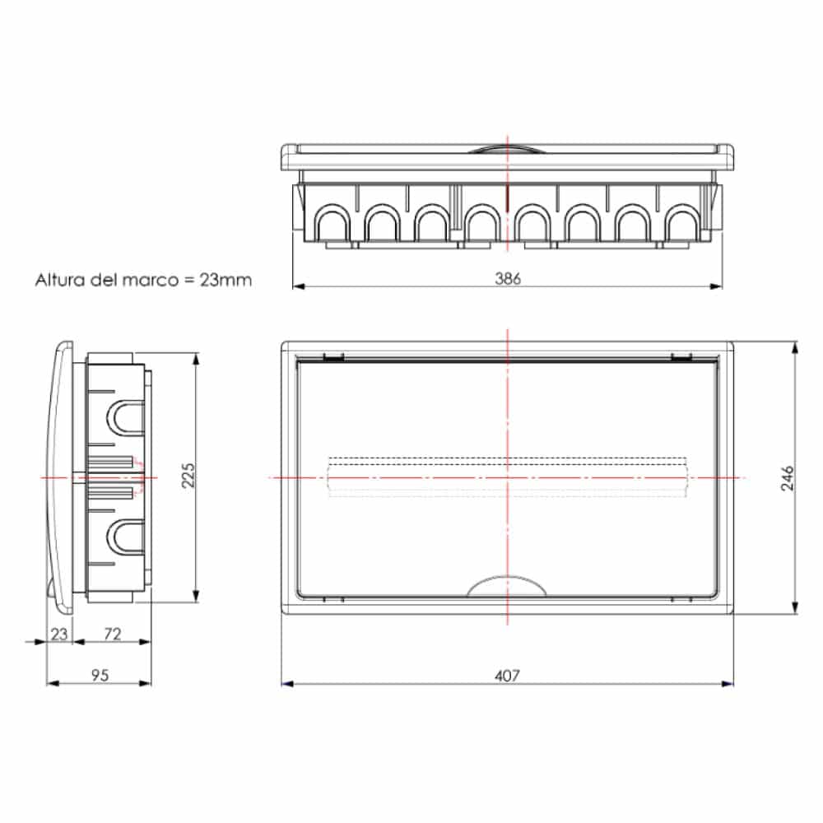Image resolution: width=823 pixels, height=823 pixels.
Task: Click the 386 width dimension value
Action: click(508, 279)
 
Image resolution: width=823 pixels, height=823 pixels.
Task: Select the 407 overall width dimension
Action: click(508, 676)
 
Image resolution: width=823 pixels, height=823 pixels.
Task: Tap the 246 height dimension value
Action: click(786, 478)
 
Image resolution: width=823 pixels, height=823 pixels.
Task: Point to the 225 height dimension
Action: click(187, 476)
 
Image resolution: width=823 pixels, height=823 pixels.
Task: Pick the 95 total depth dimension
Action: click(99, 676)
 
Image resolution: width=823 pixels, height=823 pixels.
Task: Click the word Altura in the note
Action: click(57, 280)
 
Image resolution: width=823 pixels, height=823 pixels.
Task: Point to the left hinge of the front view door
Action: click(333, 357)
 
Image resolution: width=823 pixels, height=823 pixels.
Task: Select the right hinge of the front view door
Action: click(682, 357)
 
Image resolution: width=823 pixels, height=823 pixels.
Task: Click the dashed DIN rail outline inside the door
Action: click(508, 477)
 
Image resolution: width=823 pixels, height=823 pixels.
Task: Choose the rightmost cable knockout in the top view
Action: click(683, 222)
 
